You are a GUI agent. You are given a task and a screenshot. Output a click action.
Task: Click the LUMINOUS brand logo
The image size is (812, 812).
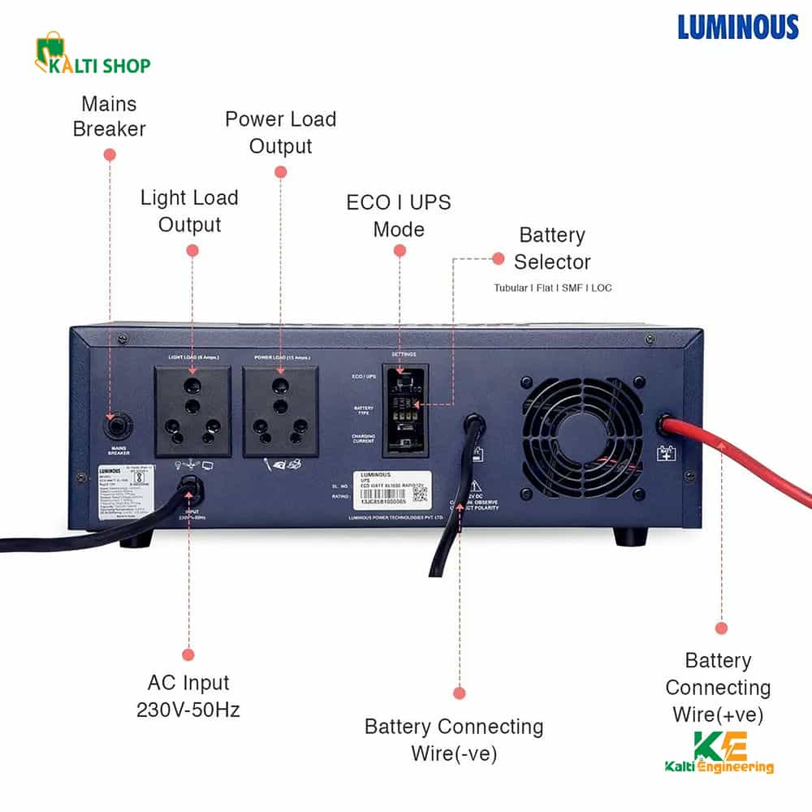click(738, 27)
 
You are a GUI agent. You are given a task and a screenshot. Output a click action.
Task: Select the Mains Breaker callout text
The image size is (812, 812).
click(109, 116)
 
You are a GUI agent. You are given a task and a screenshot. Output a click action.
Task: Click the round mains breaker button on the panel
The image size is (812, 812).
click(113, 426)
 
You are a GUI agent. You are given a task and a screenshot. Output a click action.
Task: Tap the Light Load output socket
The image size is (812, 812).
click(192, 411)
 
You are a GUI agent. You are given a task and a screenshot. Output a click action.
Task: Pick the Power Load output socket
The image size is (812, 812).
click(281, 411)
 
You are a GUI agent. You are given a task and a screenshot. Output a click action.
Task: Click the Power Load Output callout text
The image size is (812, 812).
click(280, 132)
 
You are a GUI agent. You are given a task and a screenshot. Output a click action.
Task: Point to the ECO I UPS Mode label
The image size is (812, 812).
click(399, 215)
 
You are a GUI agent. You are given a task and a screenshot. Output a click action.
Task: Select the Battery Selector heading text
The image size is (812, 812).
click(552, 248)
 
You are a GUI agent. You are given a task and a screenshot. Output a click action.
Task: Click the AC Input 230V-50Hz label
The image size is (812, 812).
click(188, 696)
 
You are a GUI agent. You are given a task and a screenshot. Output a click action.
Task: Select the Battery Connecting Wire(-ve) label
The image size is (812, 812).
click(454, 739)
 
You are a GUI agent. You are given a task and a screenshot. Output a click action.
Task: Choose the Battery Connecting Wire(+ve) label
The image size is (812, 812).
click(718, 687)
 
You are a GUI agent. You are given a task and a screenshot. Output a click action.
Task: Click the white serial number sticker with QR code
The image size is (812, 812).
click(392, 488)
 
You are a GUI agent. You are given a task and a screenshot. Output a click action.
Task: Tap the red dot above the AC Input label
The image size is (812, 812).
click(188, 654)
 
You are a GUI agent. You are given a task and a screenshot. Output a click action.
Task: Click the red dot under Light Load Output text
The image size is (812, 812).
click(192, 251)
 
